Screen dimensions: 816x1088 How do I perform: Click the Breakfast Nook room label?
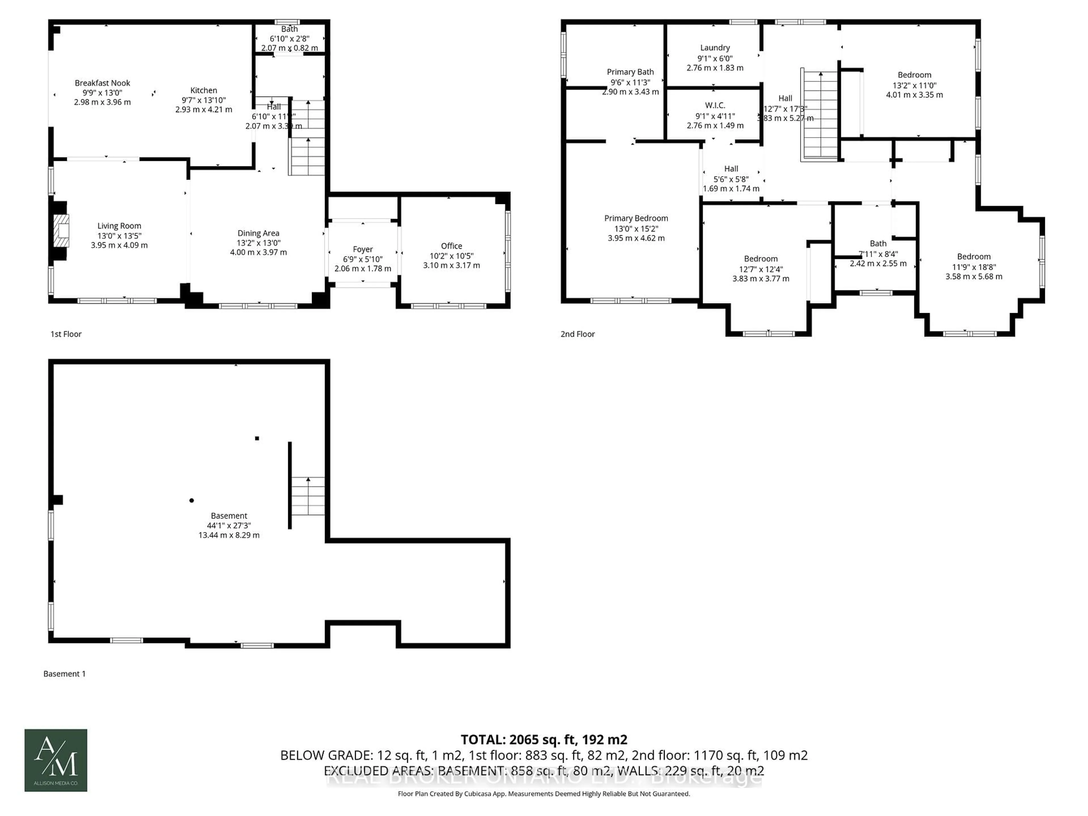(102, 83)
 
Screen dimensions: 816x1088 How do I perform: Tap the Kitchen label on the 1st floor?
(204, 90)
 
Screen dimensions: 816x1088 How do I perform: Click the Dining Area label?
(258, 233)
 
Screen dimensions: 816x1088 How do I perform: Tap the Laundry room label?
(715, 48)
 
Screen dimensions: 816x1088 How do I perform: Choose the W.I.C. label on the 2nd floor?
(715, 105)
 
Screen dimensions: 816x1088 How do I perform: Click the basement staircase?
(308, 496)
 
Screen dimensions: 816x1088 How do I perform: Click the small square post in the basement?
(257, 438)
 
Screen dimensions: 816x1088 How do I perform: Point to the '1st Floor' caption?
(66, 334)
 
